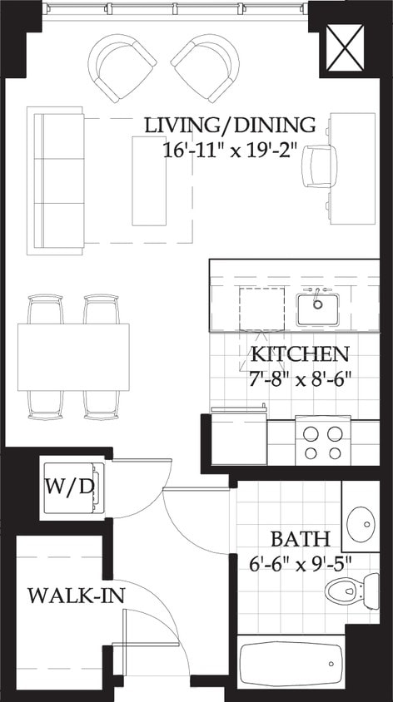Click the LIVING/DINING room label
tap(231, 126)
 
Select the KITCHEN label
tap(300, 353)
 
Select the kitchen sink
tap(316, 309)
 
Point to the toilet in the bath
tap(341, 591)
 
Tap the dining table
tap(74, 357)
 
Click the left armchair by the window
tap(122, 67)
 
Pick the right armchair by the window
tap(206, 67)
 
